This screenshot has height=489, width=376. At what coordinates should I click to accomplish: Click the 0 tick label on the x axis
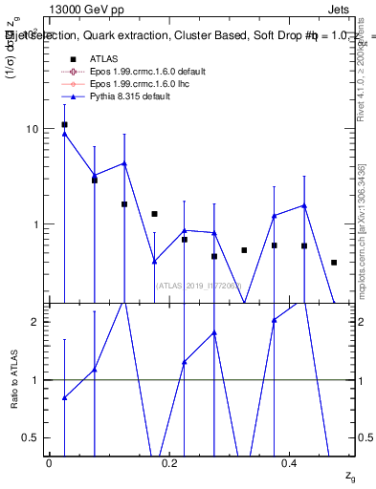coord(49,463)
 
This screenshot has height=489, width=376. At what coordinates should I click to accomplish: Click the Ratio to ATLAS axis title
coord(14,379)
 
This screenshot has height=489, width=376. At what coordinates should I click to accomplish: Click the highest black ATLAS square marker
coord(64,124)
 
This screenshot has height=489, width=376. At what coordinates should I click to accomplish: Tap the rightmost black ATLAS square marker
coord(334,262)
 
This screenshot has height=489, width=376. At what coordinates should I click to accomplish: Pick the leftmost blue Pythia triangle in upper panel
coord(64,134)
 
